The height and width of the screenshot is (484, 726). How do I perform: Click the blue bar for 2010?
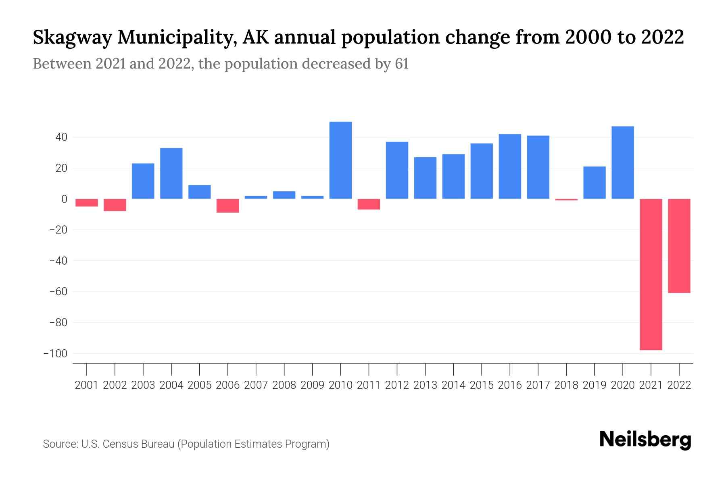pyautogui.click(x=340, y=160)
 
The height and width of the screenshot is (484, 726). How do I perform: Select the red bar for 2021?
pyautogui.click(x=651, y=274)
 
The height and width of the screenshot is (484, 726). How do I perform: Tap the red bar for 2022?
pyautogui.click(x=679, y=246)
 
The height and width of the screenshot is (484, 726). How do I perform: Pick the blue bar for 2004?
pyautogui.click(x=171, y=173)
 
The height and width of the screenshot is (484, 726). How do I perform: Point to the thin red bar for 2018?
pyautogui.click(x=566, y=199)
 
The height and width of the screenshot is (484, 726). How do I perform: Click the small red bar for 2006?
pyautogui.click(x=228, y=206)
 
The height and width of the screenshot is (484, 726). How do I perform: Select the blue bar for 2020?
pyautogui.click(x=623, y=163)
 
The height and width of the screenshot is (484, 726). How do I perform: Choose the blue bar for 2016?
pyautogui.click(x=510, y=166)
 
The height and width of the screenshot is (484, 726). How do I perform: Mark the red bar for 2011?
pyautogui.click(x=369, y=204)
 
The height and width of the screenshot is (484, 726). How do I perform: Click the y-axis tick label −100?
pyautogui.click(x=56, y=354)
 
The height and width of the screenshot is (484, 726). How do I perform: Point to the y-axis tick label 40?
pyautogui.click(x=61, y=138)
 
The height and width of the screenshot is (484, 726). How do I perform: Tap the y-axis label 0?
pyautogui.click(x=64, y=199)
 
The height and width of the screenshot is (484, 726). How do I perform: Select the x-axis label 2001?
pyautogui.click(x=87, y=385)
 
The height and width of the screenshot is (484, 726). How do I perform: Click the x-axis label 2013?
pyautogui.click(x=425, y=385)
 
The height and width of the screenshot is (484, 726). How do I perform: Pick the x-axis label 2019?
pyautogui.click(x=595, y=385)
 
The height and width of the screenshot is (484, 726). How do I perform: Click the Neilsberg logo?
pyautogui.click(x=645, y=440)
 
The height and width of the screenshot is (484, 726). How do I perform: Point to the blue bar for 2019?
pyautogui.click(x=595, y=183)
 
